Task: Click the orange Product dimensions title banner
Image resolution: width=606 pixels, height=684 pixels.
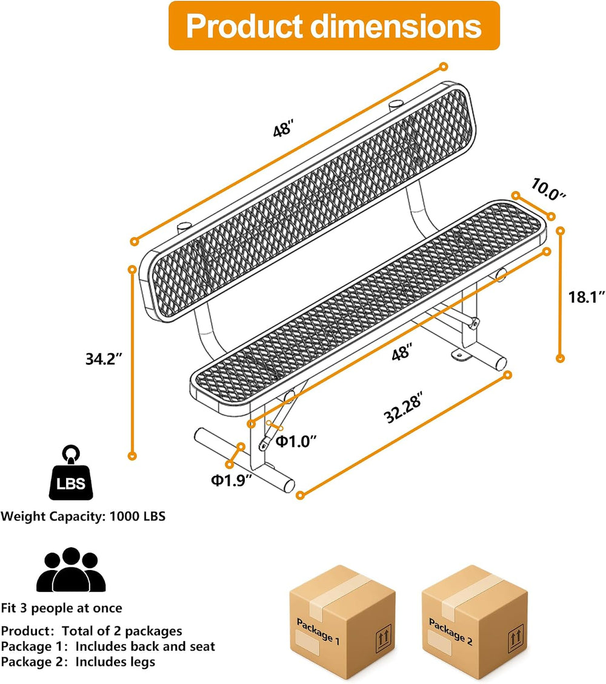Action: click(x=334, y=25)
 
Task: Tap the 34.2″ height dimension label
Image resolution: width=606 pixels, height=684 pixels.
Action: click(x=104, y=359)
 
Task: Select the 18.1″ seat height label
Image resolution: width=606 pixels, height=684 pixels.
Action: click(x=587, y=297)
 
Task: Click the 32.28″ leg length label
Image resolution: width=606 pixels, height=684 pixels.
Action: click(x=403, y=408)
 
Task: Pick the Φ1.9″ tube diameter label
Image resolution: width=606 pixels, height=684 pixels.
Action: click(x=231, y=480)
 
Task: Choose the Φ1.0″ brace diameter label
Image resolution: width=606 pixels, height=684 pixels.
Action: click(x=296, y=442)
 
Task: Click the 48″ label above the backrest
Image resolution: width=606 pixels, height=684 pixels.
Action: click(x=283, y=129)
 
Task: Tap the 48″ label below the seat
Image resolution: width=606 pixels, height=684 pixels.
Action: click(x=401, y=352)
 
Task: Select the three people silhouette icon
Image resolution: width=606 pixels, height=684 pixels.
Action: click(x=71, y=569)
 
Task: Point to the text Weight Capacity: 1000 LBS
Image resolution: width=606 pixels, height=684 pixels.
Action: click(x=83, y=517)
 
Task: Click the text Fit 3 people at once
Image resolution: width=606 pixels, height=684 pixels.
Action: click(x=62, y=608)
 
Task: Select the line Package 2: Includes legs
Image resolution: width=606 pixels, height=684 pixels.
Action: click(x=78, y=662)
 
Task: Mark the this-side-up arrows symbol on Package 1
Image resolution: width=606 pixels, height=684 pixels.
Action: click(x=383, y=638)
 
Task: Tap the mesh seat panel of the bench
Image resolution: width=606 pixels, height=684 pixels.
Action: click(x=368, y=302)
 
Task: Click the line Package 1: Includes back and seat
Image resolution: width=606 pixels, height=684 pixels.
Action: click(x=108, y=646)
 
